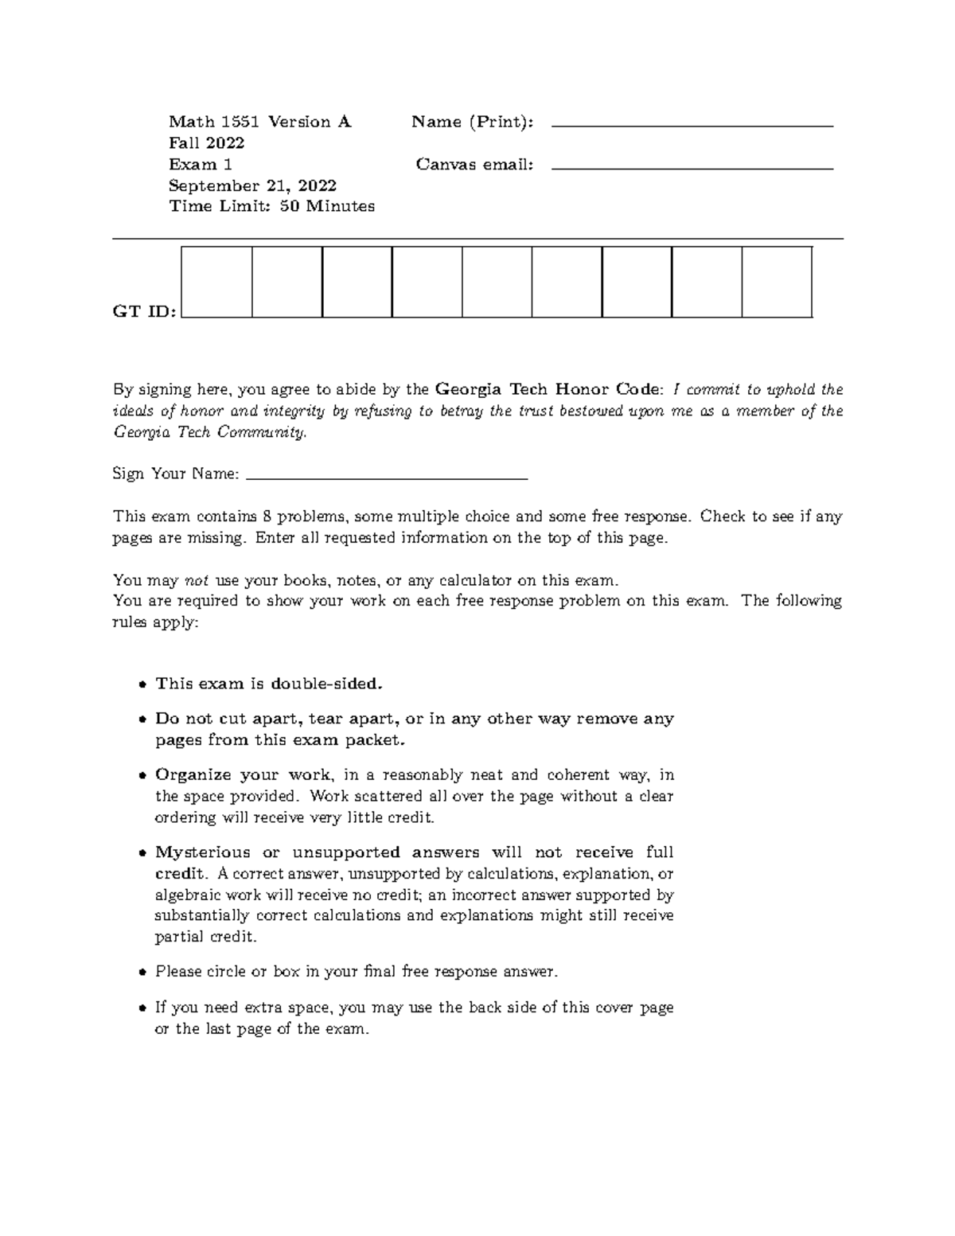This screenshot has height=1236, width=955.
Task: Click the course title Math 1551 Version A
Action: [x=259, y=122]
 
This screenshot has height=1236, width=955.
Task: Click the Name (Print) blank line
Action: [x=692, y=126]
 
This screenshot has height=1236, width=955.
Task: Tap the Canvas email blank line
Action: [x=692, y=169]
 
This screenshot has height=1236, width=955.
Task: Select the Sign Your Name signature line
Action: [x=388, y=478]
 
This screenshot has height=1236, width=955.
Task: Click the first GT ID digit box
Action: [x=217, y=282]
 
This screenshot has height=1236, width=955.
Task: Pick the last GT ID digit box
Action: [x=777, y=282]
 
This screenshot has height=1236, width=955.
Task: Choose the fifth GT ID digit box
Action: [x=497, y=282]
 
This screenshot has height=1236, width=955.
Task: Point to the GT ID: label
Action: [x=144, y=311]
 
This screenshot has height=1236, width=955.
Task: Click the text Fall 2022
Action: [x=206, y=143]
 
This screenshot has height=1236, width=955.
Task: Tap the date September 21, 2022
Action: [x=252, y=185]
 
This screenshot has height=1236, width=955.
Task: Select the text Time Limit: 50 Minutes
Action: [x=271, y=206]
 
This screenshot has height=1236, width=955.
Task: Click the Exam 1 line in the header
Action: [x=201, y=165]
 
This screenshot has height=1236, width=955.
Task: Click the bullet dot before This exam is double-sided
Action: [x=142, y=684]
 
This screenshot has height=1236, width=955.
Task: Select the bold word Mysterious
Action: [x=202, y=852]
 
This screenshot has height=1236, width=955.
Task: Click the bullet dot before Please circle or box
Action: [x=142, y=973]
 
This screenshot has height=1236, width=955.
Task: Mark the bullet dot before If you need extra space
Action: [x=142, y=1008]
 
